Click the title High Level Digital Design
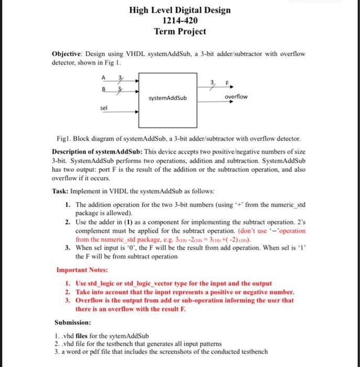click(x=180, y=10)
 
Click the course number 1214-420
click(x=180, y=20)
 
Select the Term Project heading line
click(x=180, y=31)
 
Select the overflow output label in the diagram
click(x=236, y=98)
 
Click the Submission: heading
click(x=73, y=322)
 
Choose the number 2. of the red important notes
click(x=68, y=292)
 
